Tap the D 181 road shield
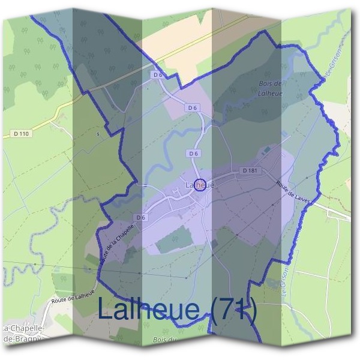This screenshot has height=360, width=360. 251,171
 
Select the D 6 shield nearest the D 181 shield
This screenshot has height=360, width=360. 193,154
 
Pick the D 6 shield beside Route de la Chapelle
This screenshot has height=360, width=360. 140,217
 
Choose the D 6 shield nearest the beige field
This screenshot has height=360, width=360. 158,75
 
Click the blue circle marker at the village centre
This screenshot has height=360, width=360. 200,184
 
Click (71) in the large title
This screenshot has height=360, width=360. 234,310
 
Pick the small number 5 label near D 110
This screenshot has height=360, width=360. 98,134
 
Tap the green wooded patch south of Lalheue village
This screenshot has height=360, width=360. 175,240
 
